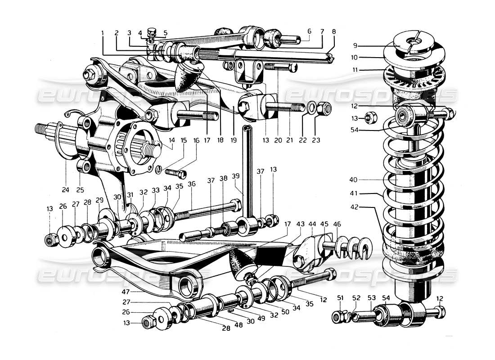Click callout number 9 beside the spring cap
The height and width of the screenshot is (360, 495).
[355, 45]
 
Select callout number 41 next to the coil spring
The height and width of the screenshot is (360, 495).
[355, 195]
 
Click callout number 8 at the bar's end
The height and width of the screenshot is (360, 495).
[333, 32]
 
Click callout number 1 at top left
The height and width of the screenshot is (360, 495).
[103, 33]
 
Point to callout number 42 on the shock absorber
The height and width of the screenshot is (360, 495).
[355, 208]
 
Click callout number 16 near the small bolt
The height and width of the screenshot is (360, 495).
[196, 140]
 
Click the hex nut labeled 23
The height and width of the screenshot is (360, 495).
[324, 108]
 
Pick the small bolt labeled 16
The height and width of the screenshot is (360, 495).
[176, 172]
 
